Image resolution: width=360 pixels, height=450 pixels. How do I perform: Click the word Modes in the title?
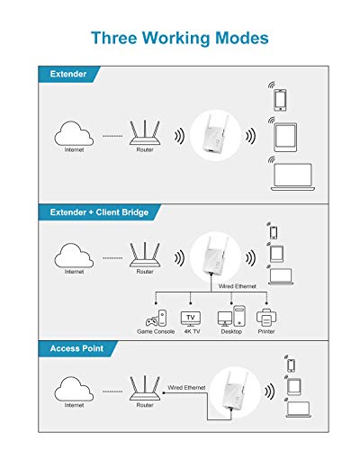coord(242,38)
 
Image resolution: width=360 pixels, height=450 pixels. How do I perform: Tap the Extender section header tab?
coord(68,74)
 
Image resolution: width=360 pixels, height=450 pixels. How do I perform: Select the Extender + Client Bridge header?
coord(99,212)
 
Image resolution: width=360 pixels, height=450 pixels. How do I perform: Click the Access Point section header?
coord(76,348)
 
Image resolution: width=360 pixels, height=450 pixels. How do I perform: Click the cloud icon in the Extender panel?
coord(74,134)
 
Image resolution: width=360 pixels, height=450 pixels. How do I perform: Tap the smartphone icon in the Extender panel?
coord(280,100)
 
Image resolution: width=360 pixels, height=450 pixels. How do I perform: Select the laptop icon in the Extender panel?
coord(292,177)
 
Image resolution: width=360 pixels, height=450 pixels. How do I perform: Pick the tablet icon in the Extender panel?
coord(285,137)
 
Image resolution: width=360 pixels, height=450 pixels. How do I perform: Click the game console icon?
coord(156,319)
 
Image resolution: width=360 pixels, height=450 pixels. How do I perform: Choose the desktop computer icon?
coord(231,316)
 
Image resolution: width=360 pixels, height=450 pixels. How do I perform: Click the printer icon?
coord(266,318)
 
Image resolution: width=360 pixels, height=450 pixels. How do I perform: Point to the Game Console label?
coord(156,331)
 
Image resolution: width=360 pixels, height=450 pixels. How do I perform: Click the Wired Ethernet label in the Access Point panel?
coord(186,388)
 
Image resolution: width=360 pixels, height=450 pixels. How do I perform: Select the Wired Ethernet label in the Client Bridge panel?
coord(238,286)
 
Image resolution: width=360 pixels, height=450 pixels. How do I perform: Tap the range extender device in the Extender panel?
coord(216,135)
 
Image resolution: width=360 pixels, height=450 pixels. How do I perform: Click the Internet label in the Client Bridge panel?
coord(74,272)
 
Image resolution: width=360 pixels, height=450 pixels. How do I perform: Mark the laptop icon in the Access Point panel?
coord(298,409)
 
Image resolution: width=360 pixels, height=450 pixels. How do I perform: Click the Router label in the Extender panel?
coord(145,149)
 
